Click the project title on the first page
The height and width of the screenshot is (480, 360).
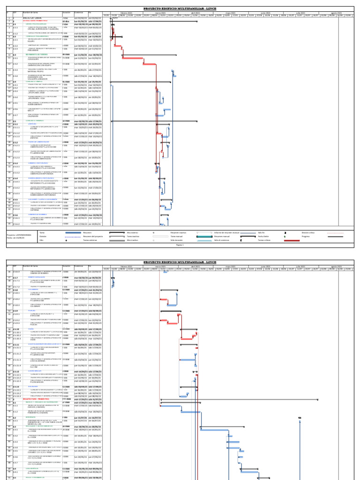[180, 8]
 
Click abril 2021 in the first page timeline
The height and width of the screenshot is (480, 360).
[195, 13]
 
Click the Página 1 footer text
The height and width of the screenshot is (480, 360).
[180, 245]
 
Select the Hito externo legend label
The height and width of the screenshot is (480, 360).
[132, 232]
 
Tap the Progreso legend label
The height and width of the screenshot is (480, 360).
[306, 236]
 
